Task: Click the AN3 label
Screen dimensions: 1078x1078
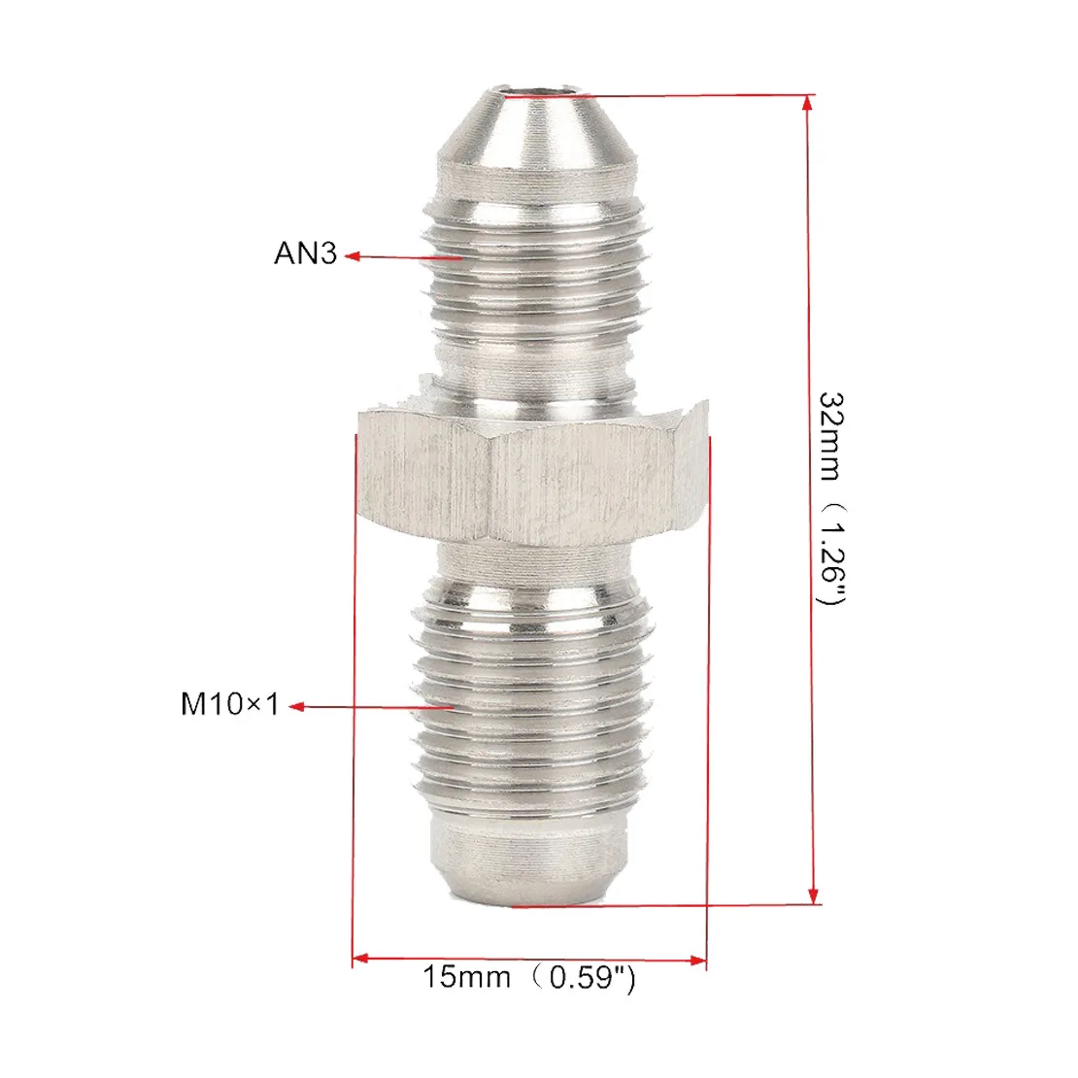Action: coord(305,253)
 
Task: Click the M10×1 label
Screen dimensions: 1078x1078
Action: coord(229,704)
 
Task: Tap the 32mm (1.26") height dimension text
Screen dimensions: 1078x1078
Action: coord(830,498)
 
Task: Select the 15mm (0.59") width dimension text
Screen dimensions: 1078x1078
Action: coord(528,977)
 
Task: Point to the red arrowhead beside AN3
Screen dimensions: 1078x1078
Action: coord(352,256)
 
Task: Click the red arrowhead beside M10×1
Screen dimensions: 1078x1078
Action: coord(297,706)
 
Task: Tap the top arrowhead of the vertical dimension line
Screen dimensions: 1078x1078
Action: coord(808,103)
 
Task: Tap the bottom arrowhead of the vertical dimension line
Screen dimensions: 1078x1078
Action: coord(813,895)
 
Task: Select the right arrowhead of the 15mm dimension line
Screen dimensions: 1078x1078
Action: coord(697,960)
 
